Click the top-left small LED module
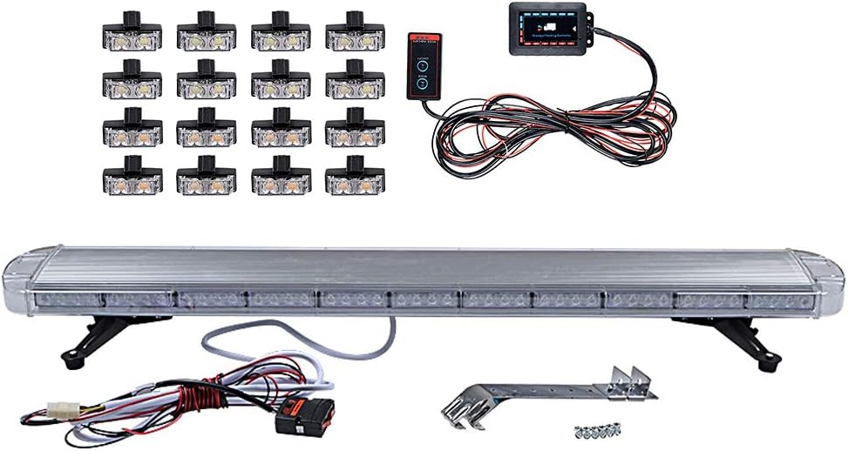pos(132,36)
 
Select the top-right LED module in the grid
pos(356,36)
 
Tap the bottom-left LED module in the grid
pos(132,180)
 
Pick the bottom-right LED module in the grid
pos(356,180)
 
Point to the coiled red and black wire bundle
pos(558,131)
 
